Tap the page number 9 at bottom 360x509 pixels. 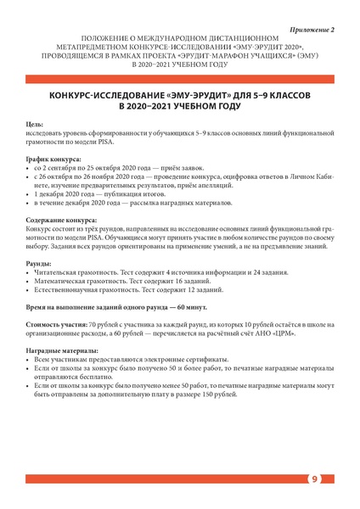[x=314, y=479]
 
